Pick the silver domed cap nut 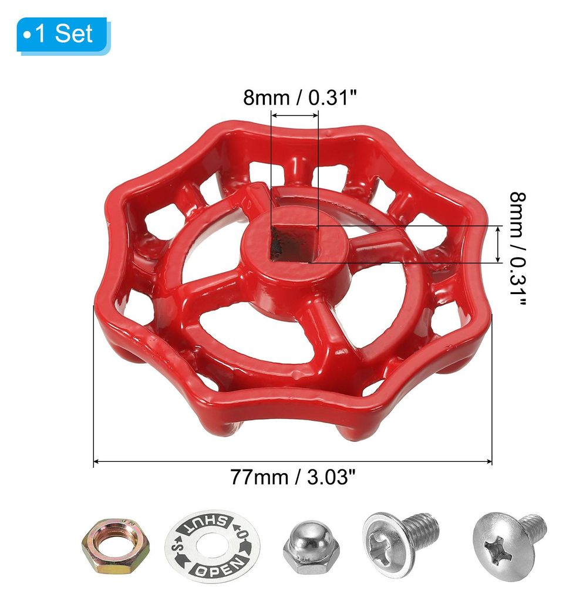311,546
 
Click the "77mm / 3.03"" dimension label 293,477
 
